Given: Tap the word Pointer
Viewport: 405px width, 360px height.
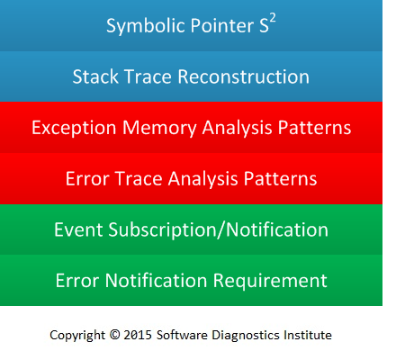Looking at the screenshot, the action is coord(222,25).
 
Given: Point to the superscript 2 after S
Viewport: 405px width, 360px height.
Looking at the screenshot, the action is coord(273,19).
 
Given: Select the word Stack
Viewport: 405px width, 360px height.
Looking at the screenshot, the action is coord(95,76).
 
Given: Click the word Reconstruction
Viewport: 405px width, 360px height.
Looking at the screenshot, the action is coord(243,76).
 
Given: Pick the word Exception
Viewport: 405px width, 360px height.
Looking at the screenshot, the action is coord(74,129).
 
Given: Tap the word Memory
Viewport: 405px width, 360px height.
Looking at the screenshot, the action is coord(159,129).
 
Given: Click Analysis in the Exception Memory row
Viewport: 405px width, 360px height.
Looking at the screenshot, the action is coord(238,129).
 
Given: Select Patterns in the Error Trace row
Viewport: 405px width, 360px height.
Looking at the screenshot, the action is coord(280,179).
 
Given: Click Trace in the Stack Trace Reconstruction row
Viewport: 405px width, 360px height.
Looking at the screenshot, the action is coord(148,76).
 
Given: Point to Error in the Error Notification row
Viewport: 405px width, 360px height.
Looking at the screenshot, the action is coord(77,281).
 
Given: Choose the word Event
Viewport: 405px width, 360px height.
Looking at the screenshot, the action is coord(78,229).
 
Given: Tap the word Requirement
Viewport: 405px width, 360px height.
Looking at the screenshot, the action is coord(270,282).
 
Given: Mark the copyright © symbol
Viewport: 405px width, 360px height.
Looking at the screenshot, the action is coord(114,335).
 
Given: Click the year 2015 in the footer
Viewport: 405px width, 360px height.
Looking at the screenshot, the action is coord(138,335).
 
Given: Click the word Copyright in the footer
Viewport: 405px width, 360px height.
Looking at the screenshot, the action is coord(77,336).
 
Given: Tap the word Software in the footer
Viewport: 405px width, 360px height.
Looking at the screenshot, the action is coord(182,335).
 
